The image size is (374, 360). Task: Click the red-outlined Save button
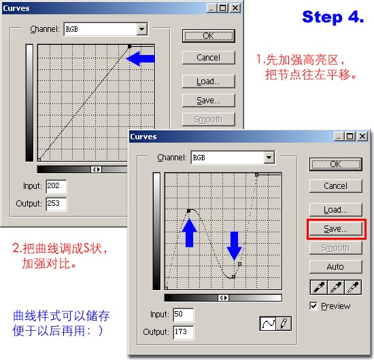[x=336, y=229]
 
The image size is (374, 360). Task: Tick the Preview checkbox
[x=313, y=306]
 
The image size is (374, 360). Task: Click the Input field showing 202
[x=56, y=186]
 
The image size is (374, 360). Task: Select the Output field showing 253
[x=56, y=204]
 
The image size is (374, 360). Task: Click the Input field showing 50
[x=184, y=314]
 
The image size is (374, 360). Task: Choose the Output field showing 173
[x=184, y=332]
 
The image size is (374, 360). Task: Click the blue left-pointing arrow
[x=140, y=58]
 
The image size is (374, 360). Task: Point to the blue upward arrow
[x=189, y=233]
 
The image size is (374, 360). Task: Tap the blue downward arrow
[x=234, y=246]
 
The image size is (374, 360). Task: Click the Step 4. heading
[x=333, y=17]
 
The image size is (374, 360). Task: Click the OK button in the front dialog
[x=336, y=164]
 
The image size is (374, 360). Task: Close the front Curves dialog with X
[x=362, y=137]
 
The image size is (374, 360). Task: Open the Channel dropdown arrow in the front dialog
[x=269, y=158]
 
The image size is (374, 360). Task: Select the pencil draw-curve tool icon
[x=284, y=324]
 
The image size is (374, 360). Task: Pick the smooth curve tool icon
[x=268, y=324]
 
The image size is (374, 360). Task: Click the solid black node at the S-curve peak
[x=188, y=211]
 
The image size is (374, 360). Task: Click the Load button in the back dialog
[x=209, y=82]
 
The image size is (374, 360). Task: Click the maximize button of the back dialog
[x=223, y=8]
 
